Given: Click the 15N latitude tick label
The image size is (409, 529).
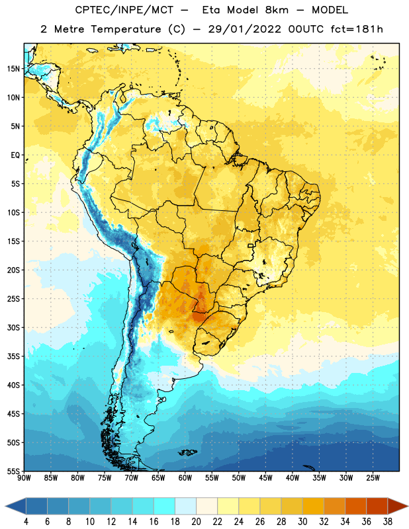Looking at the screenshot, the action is pyautogui.click(x=13, y=69).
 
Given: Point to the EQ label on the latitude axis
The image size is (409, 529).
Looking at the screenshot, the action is pyautogui.click(x=15, y=155).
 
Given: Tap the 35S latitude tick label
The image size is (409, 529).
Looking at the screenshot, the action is pyautogui.click(x=13, y=356).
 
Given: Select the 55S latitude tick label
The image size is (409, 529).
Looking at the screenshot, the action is pyautogui.click(x=13, y=471).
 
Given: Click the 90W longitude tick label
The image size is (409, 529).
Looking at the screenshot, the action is pyautogui.click(x=24, y=477).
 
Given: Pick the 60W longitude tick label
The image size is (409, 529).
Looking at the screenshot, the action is pyautogui.click(x=185, y=477).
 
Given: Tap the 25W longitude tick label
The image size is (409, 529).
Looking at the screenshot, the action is pyautogui.click(x=373, y=477).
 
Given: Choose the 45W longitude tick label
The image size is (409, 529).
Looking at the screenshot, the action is pyautogui.click(x=265, y=477).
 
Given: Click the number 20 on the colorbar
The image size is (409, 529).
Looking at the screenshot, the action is pyautogui.click(x=196, y=522).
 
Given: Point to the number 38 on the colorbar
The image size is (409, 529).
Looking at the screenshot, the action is pyautogui.click(x=387, y=522).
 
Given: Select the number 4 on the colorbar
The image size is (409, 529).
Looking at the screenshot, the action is pyautogui.click(x=26, y=522).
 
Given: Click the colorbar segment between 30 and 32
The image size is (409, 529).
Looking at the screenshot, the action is pyautogui.click(x=313, y=506).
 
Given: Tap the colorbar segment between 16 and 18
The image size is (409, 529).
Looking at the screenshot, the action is pyautogui.click(x=165, y=506).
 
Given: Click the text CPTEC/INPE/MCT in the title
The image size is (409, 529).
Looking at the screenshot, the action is pyautogui.click(x=124, y=10).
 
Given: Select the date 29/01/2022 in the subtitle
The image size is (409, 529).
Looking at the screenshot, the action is pyautogui.click(x=244, y=29).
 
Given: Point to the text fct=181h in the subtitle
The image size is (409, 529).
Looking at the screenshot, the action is pyautogui.click(x=357, y=29).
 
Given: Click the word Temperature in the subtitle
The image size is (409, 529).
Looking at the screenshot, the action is pyautogui.click(x=126, y=29).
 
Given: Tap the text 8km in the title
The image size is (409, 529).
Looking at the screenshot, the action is pyautogui.click(x=277, y=10).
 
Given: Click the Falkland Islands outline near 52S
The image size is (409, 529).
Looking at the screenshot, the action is pyautogui.click(x=187, y=452).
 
